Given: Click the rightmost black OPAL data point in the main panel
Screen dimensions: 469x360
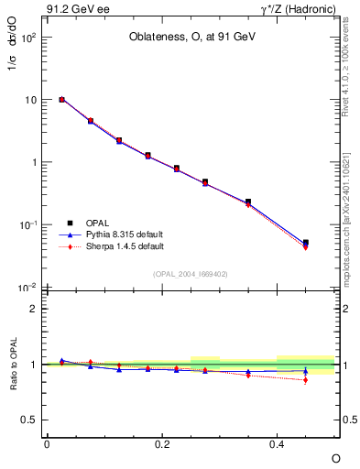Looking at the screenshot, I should [305, 243].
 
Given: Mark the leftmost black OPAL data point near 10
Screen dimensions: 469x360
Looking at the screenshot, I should [61, 99].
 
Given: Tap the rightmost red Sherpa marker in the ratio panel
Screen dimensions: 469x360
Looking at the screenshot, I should [305, 379].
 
